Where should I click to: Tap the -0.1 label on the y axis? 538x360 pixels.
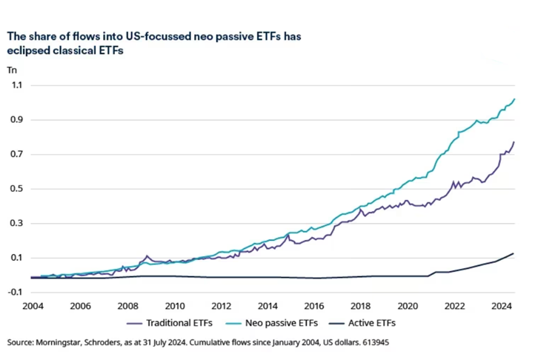[14, 293]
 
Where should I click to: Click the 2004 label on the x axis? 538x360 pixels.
[32, 305]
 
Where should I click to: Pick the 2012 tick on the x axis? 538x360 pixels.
[222, 305]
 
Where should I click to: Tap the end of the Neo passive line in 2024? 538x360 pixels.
[514, 99]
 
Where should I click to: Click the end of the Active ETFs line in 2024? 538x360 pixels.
[514, 253]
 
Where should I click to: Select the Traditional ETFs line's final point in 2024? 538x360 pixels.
[514, 141]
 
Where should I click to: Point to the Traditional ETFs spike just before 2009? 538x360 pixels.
[147, 256]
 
